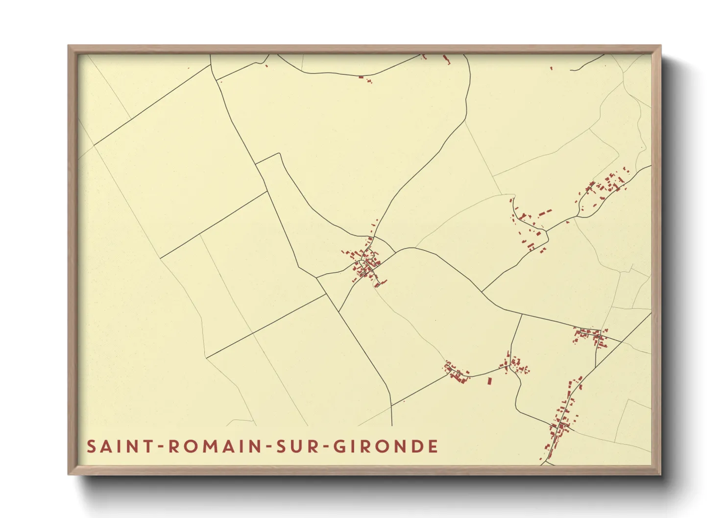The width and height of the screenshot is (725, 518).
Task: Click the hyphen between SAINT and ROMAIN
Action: [160, 447]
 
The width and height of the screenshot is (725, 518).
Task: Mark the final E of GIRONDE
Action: [433, 447]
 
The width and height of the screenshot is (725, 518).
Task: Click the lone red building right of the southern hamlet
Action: [489, 380]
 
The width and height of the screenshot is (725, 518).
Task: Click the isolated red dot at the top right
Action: [551, 68]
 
